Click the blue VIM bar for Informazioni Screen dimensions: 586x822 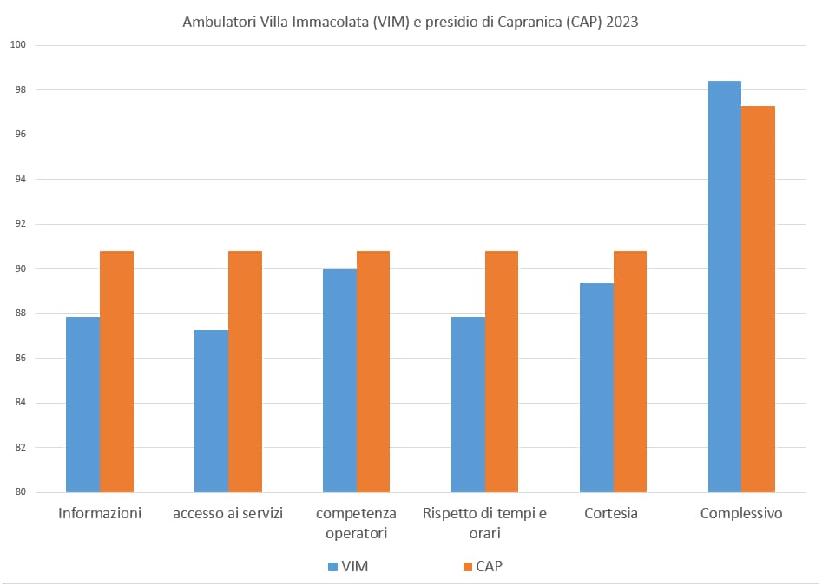[x=82, y=405]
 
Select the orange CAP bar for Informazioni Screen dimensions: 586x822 [x=116, y=372]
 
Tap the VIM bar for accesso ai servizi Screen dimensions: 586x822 [x=211, y=411]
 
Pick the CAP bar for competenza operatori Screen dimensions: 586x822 [x=373, y=372]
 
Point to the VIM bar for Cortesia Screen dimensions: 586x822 [x=596, y=387]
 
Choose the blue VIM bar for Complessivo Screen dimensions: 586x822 [x=725, y=286]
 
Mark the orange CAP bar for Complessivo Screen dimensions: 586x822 [x=758, y=299]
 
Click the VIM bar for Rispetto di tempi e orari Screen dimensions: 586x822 [x=468, y=405]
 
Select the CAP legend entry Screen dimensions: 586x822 [x=482, y=566]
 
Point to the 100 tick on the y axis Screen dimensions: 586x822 [x=19, y=45]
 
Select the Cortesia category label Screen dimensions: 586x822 [x=612, y=513]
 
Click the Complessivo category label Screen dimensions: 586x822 [x=741, y=513]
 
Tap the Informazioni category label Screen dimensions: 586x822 [x=100, y=513]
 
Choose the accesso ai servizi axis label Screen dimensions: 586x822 [x=228, y=513]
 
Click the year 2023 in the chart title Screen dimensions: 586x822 [x=622, y=23]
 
